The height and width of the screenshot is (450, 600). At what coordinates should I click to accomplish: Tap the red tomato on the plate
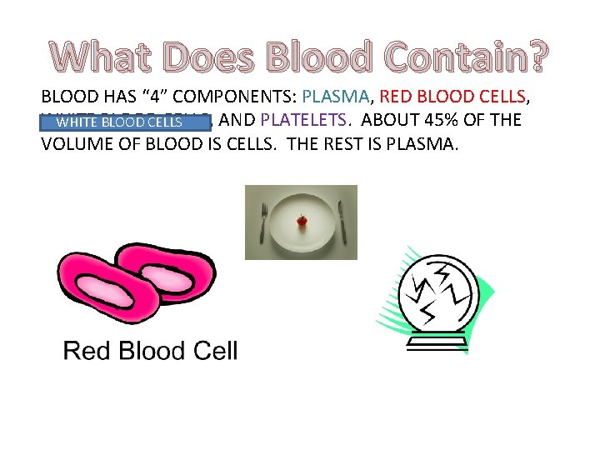click(302, 221)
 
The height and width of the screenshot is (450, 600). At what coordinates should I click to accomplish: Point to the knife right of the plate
click(342, 222)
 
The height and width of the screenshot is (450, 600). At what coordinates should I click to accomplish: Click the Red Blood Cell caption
click(150, 351)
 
